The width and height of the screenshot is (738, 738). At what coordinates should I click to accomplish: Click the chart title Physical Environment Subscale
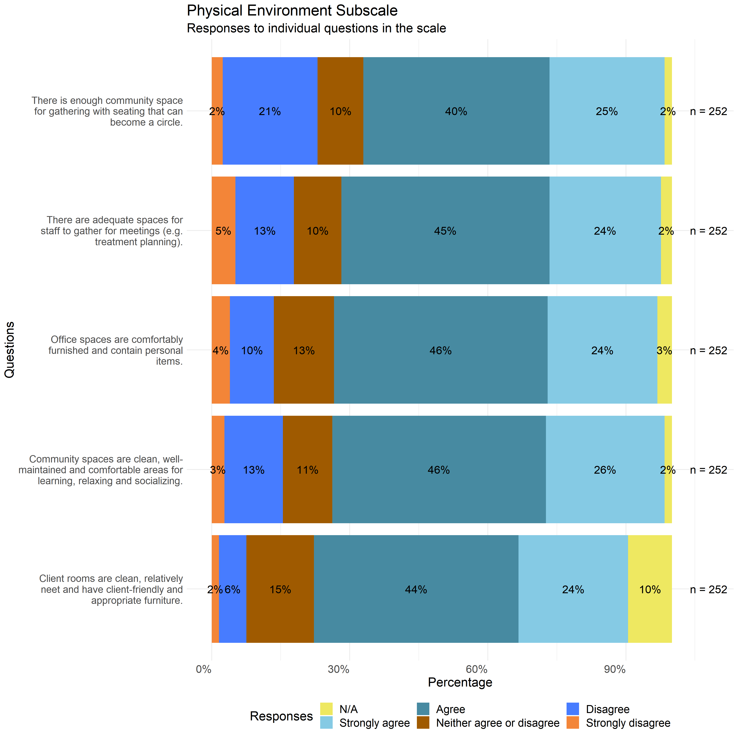pyautogui.click(x=292, y=11)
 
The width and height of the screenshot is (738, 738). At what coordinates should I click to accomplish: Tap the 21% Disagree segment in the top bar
pyautogui.click(x=270, y=111)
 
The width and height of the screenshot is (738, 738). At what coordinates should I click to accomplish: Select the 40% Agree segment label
pyautogui.click(x=456, y=111)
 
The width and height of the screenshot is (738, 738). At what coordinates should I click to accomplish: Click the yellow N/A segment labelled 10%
pyautogui.click(x=650, y=589)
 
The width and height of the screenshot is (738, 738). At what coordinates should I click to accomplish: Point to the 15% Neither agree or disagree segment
pyautogui.click(x=280, y=589)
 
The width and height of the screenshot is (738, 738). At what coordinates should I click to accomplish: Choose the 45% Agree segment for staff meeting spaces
pyautogui.click(x=445, y=231)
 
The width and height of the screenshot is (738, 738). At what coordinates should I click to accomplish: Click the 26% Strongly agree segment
pyautogui.click(x=605, y=470)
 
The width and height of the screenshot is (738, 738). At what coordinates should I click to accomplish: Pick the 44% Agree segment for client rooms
pyautogui.click(x=416, y=589)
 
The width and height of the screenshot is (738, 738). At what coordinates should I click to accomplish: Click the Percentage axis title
pyautogui.click(x=460, y=682)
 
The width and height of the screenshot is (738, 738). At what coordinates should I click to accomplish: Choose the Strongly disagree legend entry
pyautogui.click(x=628, y=723)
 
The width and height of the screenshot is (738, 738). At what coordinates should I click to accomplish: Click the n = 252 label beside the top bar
pyautogui.click(x=709, y=111)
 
